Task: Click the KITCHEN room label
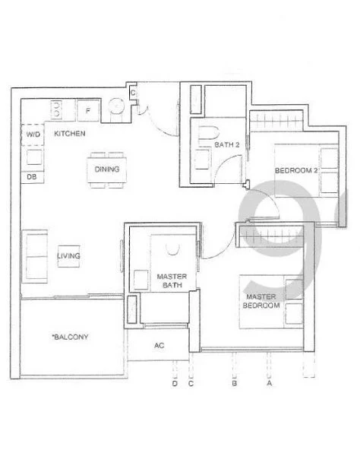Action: pyautogui.click(x=69, y=134)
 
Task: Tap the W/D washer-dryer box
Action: pyautogui.click(x=33, y=135)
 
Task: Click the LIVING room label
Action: pyautogui.click(x=68, y=256)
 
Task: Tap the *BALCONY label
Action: pyautogui.click(x=71, y=337)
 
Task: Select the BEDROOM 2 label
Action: pyautogui.click(x=295, y=170)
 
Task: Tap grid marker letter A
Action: pyautogui.click(x=268, y=384)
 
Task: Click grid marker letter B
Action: pyautogui.click(x=232, y=384)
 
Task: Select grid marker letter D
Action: pyautogui.click(x=175, y=384)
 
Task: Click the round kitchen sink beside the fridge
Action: pyautogui.click(x=118, y=108)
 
